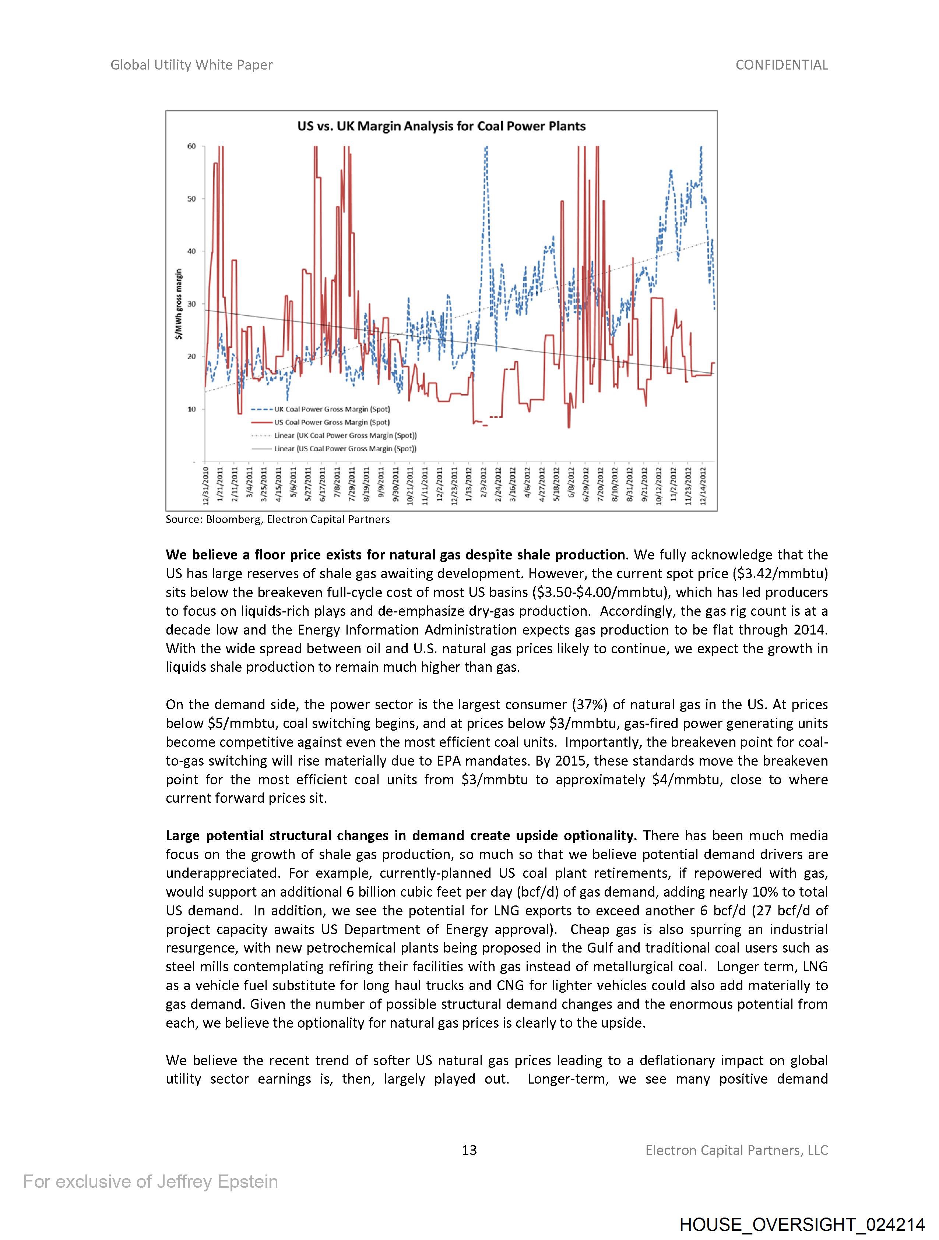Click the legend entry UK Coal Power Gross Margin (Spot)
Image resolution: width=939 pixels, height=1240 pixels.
(331, 409)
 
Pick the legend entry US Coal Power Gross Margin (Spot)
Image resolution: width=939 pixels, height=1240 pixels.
(331, 423)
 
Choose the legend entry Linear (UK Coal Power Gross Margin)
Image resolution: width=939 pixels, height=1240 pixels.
(345, 435)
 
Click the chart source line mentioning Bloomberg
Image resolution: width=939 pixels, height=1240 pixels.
(277, 520)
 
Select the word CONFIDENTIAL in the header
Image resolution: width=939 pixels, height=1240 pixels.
(781, 65)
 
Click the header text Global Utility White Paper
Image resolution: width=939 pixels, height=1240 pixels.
(191, 65)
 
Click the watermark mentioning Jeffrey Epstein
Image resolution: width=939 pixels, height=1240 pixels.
(150, 1182)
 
